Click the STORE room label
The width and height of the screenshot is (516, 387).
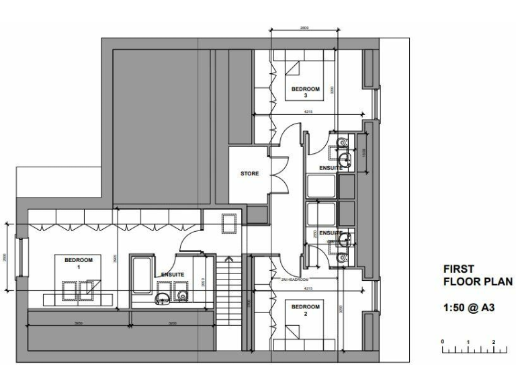[250, 173]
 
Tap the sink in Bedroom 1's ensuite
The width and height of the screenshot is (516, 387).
[163, 298]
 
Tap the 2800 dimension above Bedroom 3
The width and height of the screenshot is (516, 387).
[304, 28]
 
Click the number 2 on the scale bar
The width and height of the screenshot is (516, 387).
[494, 342]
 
